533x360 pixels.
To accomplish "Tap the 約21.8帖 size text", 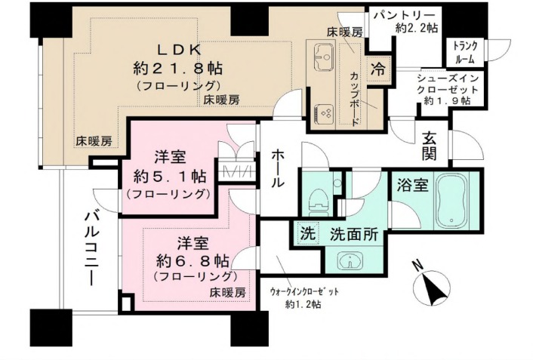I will [x=178, y=68].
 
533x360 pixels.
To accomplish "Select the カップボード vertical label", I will [x=355, y=94].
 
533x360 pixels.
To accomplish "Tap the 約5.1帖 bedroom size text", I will [x=170, y=178].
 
